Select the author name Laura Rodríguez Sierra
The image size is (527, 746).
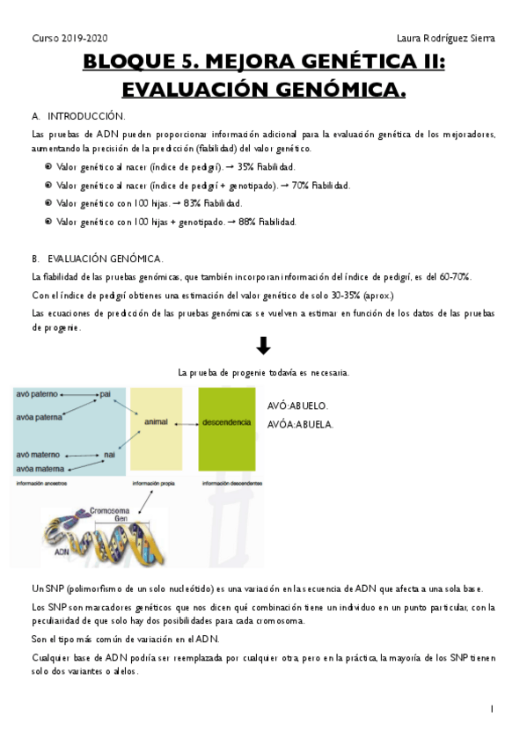tap(446, 38)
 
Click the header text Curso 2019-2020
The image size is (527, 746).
tap(70, 38)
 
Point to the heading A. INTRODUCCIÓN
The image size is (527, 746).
tap(78, 116)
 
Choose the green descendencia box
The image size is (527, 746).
tap(226, 421)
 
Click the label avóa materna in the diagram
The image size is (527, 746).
tap(40, 469)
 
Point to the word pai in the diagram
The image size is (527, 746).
tap(106, 393)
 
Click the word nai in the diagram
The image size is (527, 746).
tap(110, 454)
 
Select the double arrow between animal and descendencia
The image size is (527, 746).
tap(190, 422)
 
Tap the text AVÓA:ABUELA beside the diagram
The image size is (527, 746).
tap(300, 424)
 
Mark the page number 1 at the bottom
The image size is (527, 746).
tap(492, 708)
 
